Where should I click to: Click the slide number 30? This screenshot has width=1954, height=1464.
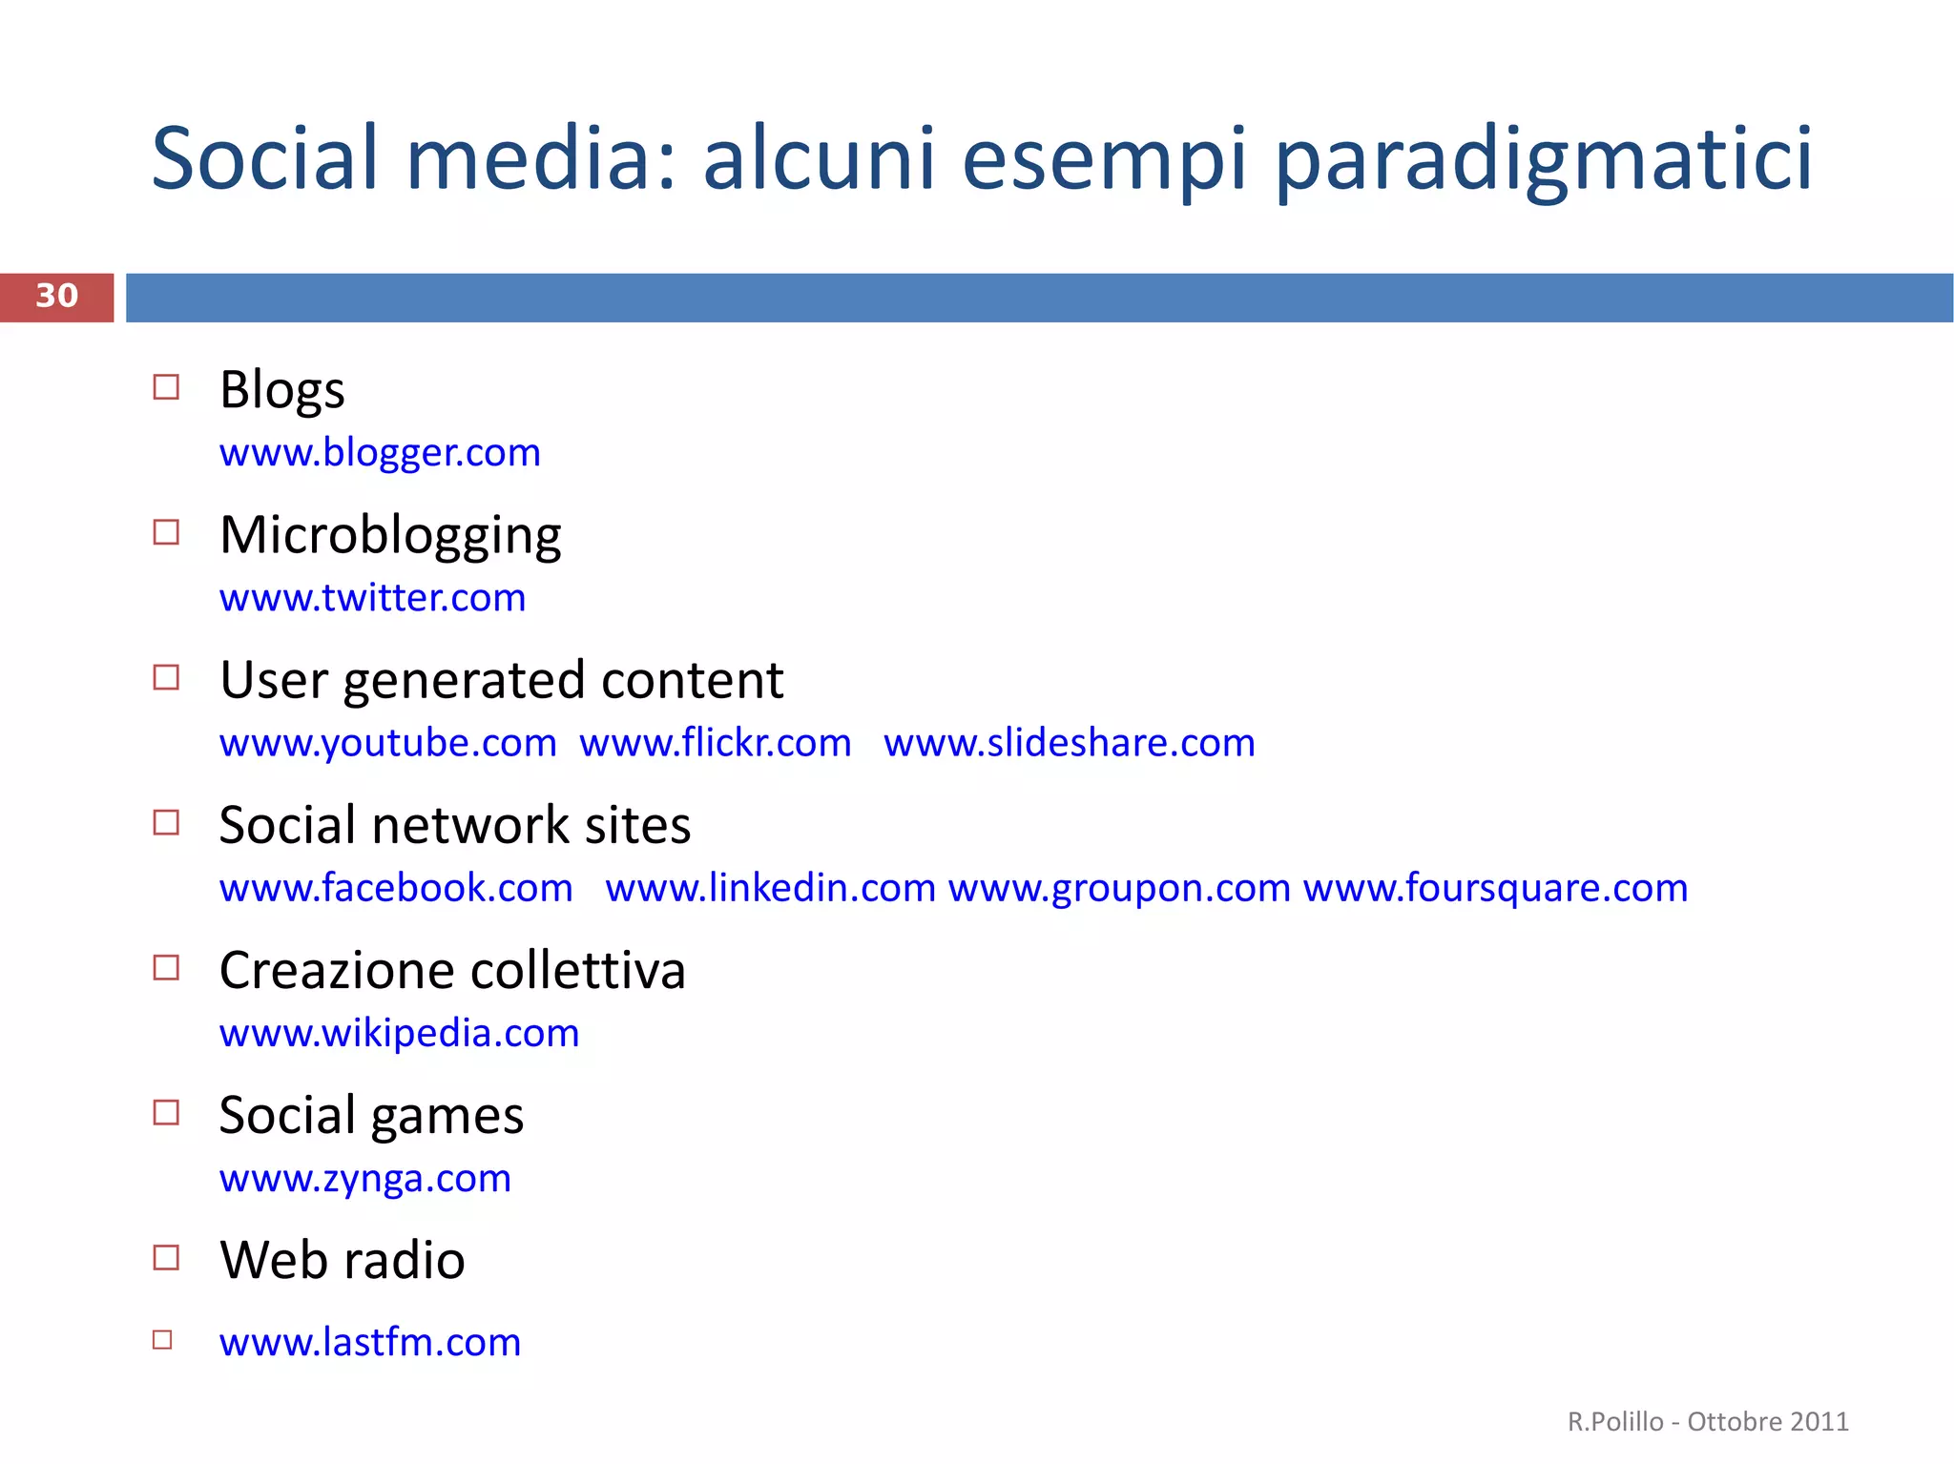coord(57,296)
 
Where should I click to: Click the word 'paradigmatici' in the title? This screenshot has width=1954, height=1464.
coord(1542,159)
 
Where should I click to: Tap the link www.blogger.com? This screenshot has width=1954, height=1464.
coord(380,452)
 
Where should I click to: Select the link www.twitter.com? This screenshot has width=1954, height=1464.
coord(372,598)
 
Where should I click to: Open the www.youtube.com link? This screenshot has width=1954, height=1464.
coord(387,743)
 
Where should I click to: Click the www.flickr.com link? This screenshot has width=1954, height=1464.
coord(715,743)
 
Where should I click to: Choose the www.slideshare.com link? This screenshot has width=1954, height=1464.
coord(1069,743)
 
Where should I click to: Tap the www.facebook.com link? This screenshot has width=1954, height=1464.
coord(396,888)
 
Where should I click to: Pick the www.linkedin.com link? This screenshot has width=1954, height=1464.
coord(770,888)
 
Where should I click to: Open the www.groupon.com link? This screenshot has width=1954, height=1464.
coord(1119,888)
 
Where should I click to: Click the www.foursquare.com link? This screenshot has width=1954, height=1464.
coord(1495,888)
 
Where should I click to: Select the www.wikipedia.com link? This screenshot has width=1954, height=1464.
coord(399,1033)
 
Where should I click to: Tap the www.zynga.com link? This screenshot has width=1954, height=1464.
coord(364,1179)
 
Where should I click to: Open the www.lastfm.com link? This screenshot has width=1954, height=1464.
coord(369,1342)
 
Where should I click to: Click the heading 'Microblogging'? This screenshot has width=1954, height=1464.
coord(390,535)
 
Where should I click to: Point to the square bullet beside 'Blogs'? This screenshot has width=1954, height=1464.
coord(166,387)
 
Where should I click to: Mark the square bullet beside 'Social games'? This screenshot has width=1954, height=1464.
coord(166,1112)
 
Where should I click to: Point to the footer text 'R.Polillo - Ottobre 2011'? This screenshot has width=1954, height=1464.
coord(1708,1421)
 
